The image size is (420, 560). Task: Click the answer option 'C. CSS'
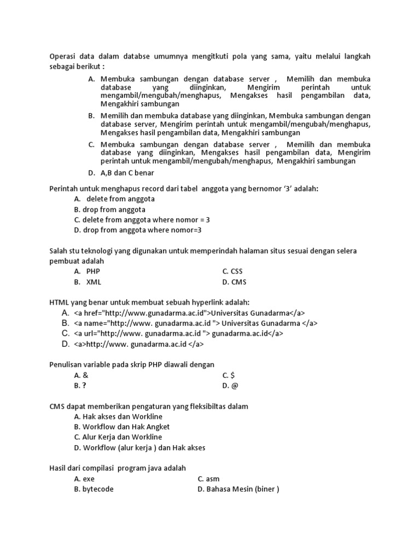[232, 271]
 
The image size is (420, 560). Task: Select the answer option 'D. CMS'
[234, 282]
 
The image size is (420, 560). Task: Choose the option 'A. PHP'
[87, 271]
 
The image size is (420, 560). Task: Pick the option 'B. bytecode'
[94, 489]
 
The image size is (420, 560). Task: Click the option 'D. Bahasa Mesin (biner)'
[238, 489]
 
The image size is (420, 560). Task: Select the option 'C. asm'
[208, 479]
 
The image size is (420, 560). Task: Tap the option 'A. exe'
[84, 479]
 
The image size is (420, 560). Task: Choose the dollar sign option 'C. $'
[228, 375]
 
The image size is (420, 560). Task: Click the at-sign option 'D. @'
[230, 386]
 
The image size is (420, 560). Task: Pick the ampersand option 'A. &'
[81, 375]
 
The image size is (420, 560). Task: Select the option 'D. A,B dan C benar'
[121, 173]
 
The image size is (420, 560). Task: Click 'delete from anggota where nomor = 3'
[142, 219]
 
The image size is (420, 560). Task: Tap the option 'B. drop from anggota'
[109, 209]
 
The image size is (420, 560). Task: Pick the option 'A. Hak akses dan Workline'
[118, 416]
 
